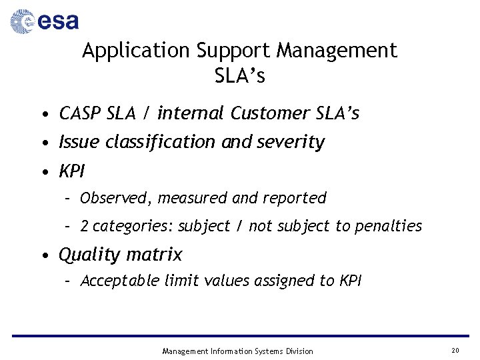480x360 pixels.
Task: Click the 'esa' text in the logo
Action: coord(58,22)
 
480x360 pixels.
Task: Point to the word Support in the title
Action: coord(233,51)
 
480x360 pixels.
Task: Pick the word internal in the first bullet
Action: coord(191,114)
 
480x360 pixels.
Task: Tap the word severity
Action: coord(291,142)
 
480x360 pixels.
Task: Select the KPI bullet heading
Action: coord(72,171)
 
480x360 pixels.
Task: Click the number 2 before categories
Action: coord(85,227)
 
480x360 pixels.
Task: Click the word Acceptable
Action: coord(121,281)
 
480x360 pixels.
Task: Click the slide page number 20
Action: coord(455,351)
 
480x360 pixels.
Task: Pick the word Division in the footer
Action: coord(298,351)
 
